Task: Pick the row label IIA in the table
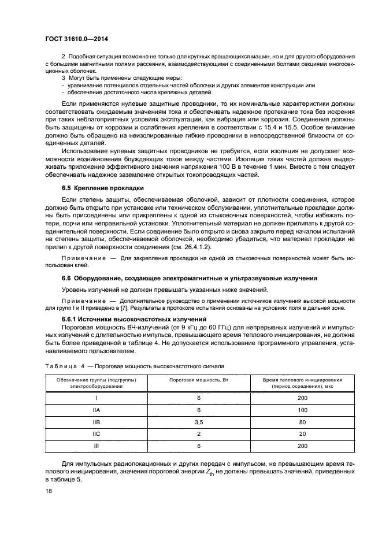[97, 410]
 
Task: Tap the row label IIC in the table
[97, 433]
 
